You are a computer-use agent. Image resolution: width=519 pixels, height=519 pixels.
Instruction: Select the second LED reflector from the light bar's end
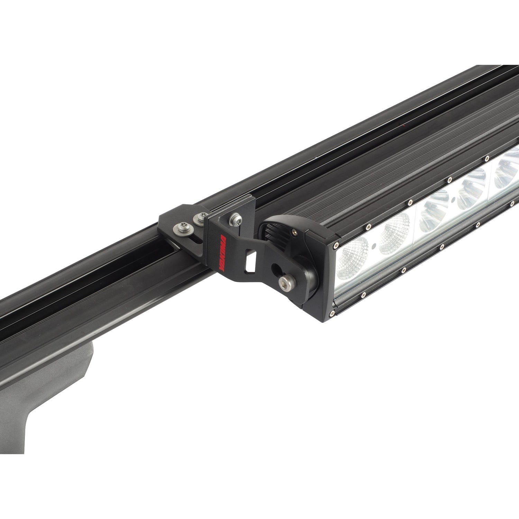point(394,232)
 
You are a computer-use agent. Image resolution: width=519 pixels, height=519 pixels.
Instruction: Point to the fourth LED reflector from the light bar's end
point(471,194)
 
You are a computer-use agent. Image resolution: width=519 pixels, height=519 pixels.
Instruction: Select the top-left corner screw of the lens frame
point(335,246)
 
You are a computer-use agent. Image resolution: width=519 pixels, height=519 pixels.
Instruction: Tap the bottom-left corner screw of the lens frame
point(332,313)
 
